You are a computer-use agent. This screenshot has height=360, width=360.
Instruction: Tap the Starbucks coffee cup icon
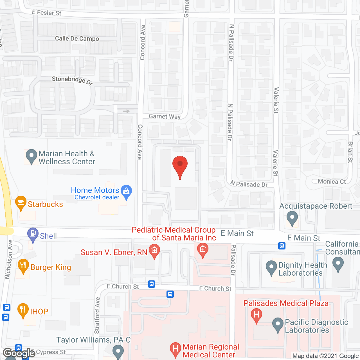click(x=21, y=202)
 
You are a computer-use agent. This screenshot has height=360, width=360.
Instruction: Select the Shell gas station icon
click(x=33, y=234)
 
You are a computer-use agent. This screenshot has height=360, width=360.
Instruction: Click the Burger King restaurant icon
click(x=23, y=265)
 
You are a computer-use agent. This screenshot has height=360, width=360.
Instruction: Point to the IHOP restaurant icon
click(x=23, y=310)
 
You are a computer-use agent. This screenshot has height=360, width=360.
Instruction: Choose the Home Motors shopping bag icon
click(x=126, y=191)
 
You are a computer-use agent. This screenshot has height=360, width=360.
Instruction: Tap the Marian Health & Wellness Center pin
click(x=31, y=156)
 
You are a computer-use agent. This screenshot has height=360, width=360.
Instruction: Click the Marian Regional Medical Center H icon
click(x=175, y=349)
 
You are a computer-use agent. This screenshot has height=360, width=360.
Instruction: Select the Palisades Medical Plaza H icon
click(x=256, y=314)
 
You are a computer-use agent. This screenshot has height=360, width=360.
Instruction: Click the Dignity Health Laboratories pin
click(x=271, y=267)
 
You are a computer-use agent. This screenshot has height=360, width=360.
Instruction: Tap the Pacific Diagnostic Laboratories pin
click(x=278, y=324)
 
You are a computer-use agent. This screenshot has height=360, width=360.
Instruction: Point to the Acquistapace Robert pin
click(x=292, y=218)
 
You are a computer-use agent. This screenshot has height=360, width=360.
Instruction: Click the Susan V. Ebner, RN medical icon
click(x=154, y=251)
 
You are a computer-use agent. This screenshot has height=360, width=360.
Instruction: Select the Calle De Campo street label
click(x=77, y=39)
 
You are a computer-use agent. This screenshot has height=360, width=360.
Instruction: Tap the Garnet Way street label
click(x=165, y=116)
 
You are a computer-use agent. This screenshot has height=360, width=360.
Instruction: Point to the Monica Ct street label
click(x=332, y=182)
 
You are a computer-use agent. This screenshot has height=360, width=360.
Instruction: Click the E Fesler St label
click(x=46, y=13)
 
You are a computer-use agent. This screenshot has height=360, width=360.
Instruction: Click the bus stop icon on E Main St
click(x=282, y=246)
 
